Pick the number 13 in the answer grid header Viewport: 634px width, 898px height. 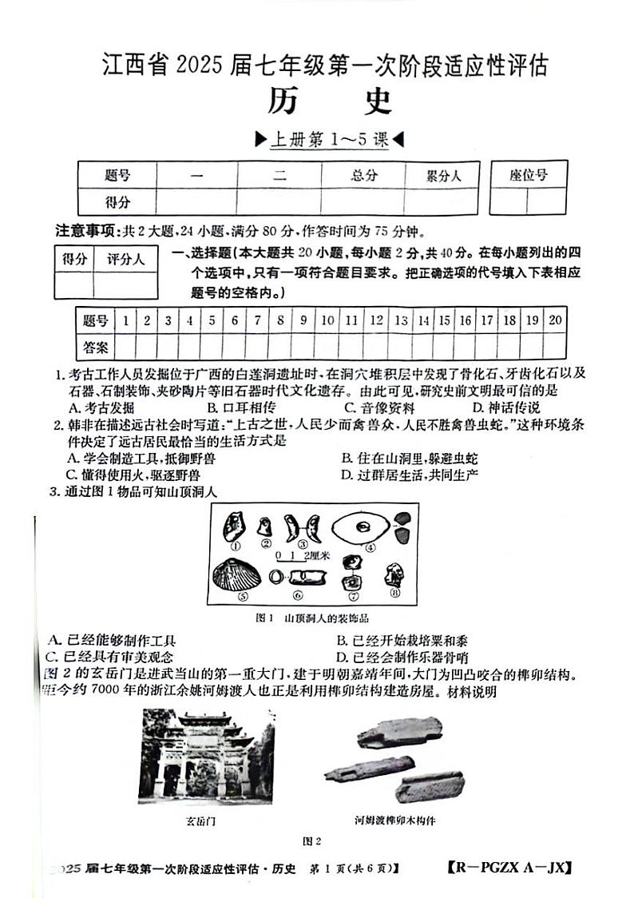point(401,320)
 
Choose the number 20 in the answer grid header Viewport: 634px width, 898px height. point(556,320)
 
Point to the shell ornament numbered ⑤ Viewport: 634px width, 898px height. point(232,574)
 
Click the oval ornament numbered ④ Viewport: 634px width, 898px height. point(363,527)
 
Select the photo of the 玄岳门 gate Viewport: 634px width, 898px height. point(206,757)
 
